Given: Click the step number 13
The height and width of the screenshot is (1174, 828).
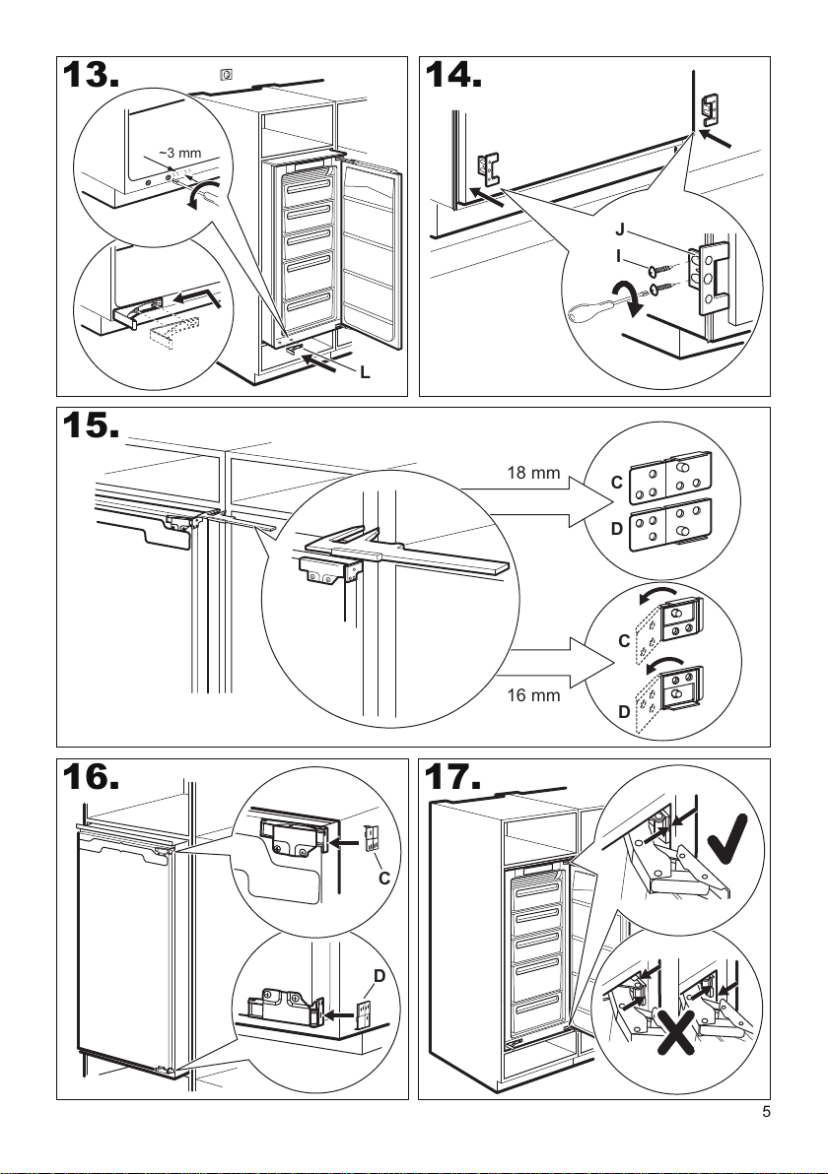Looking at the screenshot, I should (x=89, y=77).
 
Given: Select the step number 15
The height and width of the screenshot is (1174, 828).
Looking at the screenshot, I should (x=89, y=426).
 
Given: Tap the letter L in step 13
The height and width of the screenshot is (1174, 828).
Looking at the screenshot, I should (x=366, y=373).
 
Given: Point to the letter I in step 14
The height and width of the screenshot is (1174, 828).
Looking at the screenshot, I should (x=620, y=255).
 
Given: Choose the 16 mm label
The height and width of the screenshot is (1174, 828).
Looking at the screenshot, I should (x=533, y=695).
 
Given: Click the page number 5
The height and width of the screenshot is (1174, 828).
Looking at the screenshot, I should (x=766, y=1114).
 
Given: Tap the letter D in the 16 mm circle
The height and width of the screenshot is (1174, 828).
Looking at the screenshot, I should (x=623, y=711).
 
